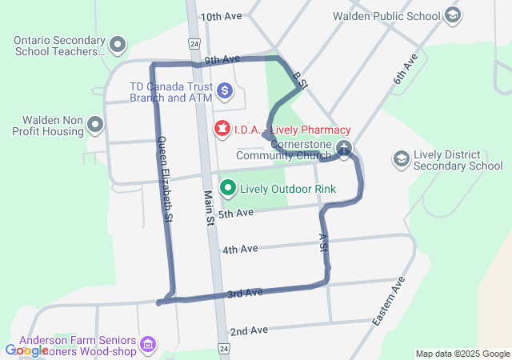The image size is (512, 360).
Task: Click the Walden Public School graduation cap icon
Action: [x=453, y=16]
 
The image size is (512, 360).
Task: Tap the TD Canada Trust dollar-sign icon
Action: [x=225, y=91]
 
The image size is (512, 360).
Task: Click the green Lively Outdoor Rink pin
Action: [x=229, y=189]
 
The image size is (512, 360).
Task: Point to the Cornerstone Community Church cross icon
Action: [x=343, y=148]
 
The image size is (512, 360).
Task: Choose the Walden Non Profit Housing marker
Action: [x=95, y=124]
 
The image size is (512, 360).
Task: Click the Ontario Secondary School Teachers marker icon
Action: [x=118, y=45]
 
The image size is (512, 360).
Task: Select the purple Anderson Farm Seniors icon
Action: [x=148, y=344]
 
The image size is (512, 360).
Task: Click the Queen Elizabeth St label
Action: [x=164, y=178]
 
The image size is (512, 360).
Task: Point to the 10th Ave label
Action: [x=221, y=16]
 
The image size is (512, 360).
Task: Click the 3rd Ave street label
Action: [x=245, y=294]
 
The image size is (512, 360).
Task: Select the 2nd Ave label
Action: [x=249, y=330]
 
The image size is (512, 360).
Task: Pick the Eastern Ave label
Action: [x=389, y=301]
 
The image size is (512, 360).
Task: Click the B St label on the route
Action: [x=300, y=78]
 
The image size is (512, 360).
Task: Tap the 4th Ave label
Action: [x=240, y=250]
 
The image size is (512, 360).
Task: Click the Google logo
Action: [x=26, y=350]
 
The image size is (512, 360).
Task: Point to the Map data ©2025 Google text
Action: [x=462, y=354]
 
